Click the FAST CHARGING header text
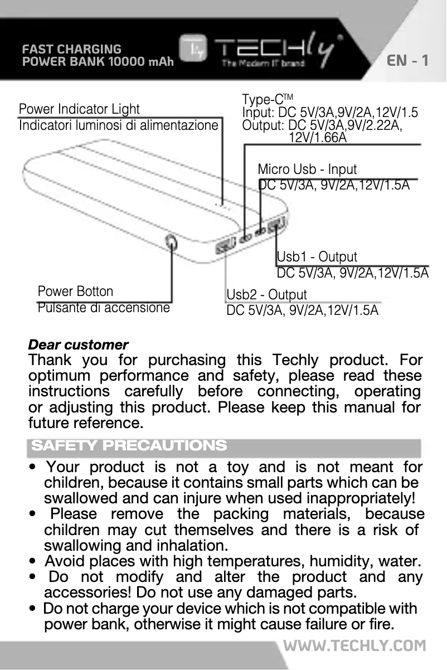pyautogui.click(x=71, y=49)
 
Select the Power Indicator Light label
pyautogui.click(x=79, y=109)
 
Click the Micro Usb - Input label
pyautogui.click(x=307, y=169)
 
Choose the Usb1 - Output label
pyautogui.click(x=317, y=257)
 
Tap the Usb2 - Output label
pyautogui.click(x=266, y=294)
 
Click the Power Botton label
pyautogui.click(x=75, y=292)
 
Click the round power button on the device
pyautogui.click(x=172, y=243)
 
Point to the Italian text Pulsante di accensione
pyautogui.click(x=103, y=307)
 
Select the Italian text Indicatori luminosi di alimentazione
pyautogui.click(x=118, y=125)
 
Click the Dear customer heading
pyautogui.click(x=78, y=344)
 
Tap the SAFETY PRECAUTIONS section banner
pyautogui.click(x=129, y=446)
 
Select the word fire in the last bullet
pyautogui.click(x=379, y=623)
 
